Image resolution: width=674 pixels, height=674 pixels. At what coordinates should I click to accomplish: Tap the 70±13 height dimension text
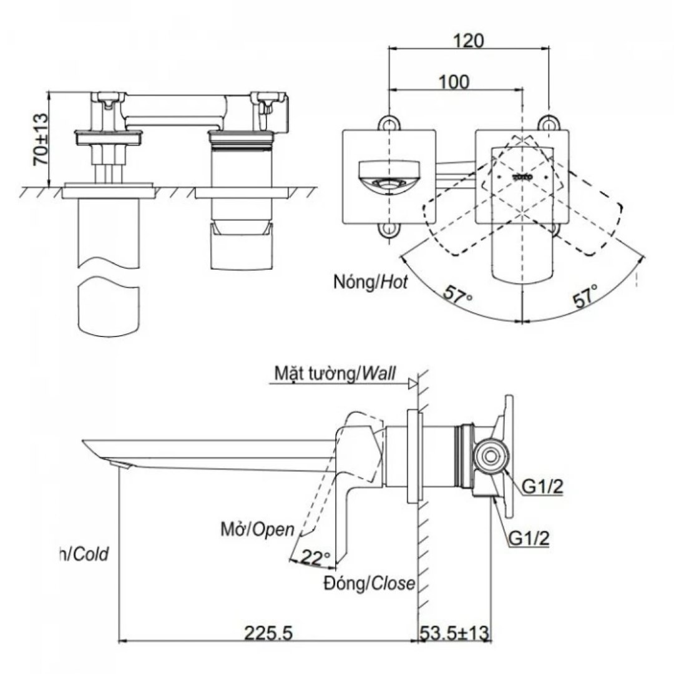tap(40, 139)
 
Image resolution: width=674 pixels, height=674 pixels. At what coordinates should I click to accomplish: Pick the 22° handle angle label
tap(316, 557)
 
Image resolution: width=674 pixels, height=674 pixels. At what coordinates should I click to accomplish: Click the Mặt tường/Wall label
tap(335, 374)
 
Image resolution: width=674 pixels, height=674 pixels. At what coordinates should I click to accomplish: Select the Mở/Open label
tap(256, 530)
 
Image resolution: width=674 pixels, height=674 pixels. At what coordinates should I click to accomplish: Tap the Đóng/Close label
tap(369, 584)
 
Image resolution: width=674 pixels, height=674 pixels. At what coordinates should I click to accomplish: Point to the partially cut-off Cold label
tap(84, 554)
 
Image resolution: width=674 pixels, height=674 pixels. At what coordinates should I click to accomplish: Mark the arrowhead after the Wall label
tap(412, 384)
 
